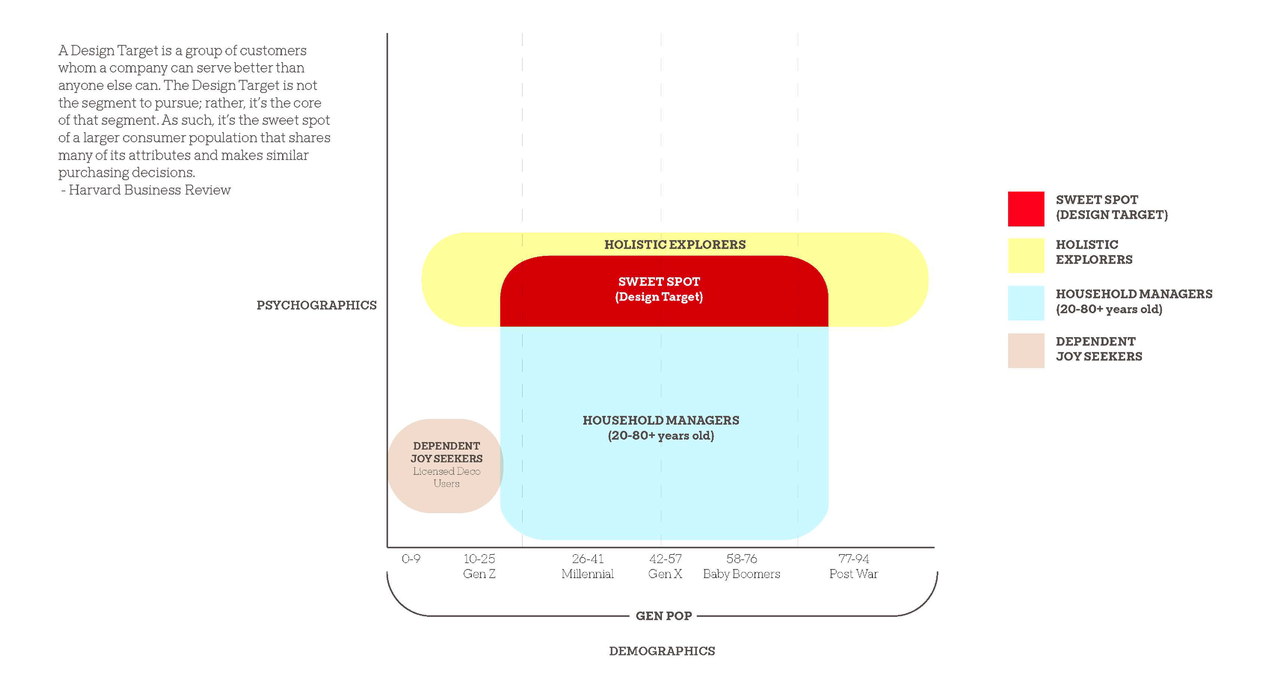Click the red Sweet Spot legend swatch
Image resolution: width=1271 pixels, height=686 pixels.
[x=1025, y=208]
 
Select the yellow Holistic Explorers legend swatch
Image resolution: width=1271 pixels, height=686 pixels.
[x=1025, y=255]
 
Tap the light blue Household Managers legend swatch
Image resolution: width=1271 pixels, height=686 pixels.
[x=1025, y=303]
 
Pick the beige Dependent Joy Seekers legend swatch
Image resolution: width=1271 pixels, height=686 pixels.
[x=1025, y=350]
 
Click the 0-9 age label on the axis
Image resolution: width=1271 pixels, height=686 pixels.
[x=411, y=559]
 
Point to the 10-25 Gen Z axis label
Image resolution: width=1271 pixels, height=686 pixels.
[x=479, y=566]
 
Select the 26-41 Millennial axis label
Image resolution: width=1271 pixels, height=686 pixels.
[x=587, y=566]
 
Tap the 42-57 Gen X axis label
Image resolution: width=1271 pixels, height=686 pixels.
[x=665, y=566]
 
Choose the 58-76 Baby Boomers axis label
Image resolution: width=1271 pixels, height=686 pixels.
[x=741, y=566]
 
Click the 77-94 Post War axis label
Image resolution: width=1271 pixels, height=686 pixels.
[x=853, y=566]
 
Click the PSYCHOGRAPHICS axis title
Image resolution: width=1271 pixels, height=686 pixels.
[x=316, y=305]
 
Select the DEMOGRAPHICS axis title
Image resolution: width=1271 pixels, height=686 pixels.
[x=662, y=651]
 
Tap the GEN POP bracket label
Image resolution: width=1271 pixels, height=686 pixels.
[x=663, y=616]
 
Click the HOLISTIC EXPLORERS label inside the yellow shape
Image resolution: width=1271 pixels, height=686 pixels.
[x=675, y=245]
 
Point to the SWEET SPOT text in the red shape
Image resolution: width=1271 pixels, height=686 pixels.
[x=659, y=282]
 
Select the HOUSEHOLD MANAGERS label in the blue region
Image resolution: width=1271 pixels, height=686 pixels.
[x=661, y=421]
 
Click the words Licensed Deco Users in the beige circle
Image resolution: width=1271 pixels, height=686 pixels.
[x=446, y=478]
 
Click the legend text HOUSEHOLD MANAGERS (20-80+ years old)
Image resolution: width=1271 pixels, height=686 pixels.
[x=1133, y=302]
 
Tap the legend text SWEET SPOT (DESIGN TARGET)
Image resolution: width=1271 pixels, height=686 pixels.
[x=1111, y=207]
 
